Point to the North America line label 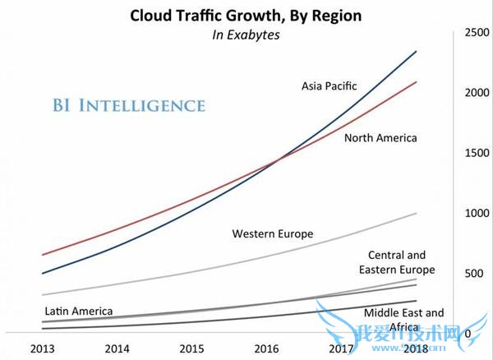[380, 138]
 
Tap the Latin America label [78, 312]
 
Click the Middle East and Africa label [403, 319]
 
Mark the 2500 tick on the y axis [476, 32]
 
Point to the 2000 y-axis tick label [476, 92]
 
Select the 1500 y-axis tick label [476, 153]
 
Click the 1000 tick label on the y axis [476, 213]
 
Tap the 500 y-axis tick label [479, 273]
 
